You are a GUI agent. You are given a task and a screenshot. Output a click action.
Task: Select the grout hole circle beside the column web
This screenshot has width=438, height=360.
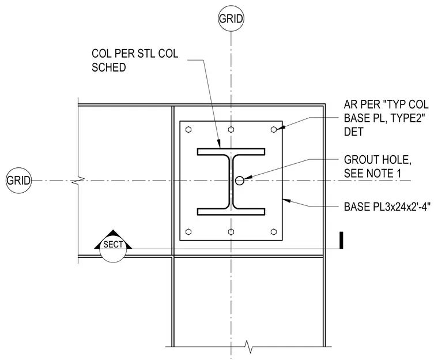coord(240,181)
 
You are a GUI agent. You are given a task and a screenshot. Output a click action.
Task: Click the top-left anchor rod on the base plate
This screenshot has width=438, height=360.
coord(188,129)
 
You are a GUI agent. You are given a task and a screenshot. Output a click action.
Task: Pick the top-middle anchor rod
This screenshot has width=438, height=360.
coord(231,129)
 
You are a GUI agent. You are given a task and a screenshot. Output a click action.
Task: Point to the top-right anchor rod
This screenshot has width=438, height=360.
coord(274,129)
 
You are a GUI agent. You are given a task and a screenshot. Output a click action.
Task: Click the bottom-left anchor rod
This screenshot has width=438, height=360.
coord(188,232)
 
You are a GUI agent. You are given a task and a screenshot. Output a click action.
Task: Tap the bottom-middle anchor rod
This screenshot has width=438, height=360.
coord(231,232)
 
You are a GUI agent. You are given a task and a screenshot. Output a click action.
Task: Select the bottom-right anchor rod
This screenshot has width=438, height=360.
coord(274,232)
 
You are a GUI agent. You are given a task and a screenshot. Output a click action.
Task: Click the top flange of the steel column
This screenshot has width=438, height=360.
coord(231,152)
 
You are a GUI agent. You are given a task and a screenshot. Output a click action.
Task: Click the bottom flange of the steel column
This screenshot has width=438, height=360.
coord(231,212)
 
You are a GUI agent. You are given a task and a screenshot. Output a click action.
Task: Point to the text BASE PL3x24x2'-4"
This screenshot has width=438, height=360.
coord(387,207)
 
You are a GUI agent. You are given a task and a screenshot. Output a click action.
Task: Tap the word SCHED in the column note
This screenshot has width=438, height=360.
coord(109,67)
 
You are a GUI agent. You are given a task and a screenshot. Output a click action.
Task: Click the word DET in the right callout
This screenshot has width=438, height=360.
coord(353,132)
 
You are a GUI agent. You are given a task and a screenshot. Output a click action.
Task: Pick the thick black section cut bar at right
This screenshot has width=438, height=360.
coord(341,240)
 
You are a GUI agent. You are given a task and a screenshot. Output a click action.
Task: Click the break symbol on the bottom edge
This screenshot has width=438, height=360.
coord(248,347)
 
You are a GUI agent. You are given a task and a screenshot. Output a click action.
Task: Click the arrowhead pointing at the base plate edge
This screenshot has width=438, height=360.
coord(287,200)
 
